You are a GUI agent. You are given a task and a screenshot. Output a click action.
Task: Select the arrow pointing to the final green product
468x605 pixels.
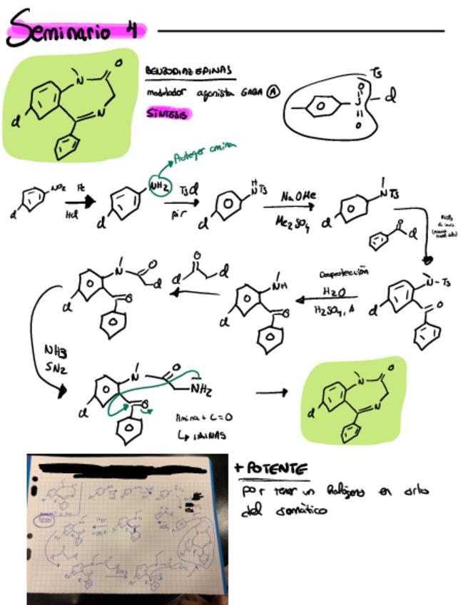(272, 392)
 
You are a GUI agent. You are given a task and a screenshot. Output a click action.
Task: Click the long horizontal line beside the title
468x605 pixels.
(300, 31)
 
